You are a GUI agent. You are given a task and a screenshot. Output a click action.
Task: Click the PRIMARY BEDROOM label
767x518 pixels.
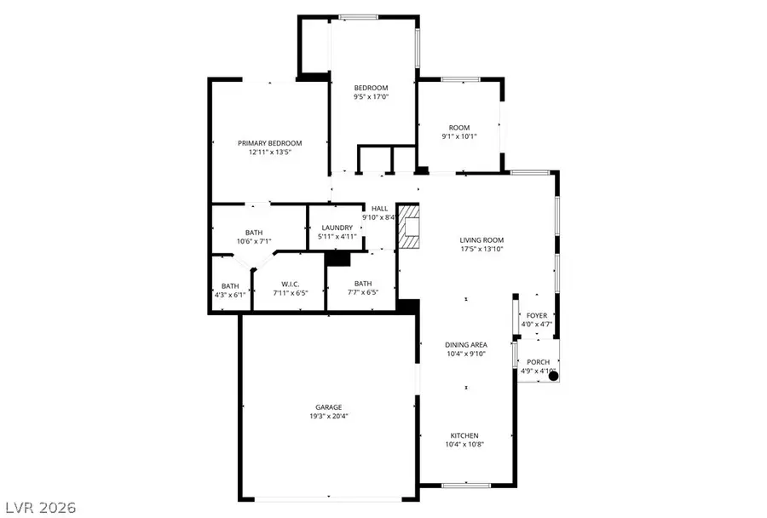(269, 143)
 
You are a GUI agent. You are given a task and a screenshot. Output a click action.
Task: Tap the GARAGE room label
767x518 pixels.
(328, 407)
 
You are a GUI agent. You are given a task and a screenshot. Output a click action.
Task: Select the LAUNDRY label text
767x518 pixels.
(337, 227)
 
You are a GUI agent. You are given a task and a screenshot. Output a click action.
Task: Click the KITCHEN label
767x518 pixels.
(466, 435)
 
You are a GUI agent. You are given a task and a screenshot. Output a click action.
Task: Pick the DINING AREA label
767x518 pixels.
(466, 344)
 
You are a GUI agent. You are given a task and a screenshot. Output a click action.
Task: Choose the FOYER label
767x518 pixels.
(536, 315)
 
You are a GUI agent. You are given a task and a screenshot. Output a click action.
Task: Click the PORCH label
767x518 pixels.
(537, 362)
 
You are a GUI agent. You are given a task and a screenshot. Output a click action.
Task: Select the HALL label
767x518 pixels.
(379, 208)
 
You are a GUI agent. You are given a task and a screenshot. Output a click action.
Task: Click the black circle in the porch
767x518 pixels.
(552, 375)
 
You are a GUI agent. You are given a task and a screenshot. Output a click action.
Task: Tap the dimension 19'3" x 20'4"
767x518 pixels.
(328, 417)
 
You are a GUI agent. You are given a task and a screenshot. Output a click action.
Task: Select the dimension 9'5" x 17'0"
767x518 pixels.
(372, 97)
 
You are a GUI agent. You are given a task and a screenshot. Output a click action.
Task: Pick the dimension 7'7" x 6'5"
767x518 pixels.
(363, 293)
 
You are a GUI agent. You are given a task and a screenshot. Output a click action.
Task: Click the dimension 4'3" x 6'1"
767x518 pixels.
(230, 295)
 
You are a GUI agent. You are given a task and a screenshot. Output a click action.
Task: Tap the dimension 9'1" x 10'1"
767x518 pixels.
(459, 136)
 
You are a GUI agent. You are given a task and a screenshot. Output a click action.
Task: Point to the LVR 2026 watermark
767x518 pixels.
(39, 508)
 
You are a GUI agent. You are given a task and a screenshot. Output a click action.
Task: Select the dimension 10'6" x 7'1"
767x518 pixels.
(254, 242)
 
